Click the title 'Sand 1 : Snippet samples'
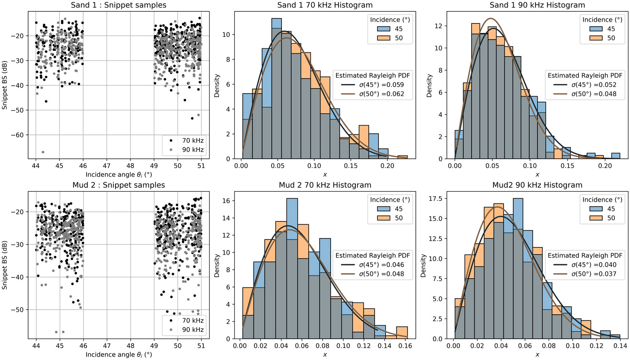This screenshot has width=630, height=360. [x=119, y=5]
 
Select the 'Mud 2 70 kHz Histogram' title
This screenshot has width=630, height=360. [x=325, y=185]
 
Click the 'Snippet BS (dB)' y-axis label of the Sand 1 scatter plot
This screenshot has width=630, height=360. [x=5, y=85]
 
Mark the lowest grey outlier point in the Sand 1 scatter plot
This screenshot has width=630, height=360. [x=43, y=152]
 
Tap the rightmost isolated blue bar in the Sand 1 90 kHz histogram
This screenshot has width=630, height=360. [x=615, y=156]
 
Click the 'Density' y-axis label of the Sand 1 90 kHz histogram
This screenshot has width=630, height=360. [x=429, y=86]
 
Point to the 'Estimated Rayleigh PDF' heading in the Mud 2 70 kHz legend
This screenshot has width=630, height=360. [x=373, y=255]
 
